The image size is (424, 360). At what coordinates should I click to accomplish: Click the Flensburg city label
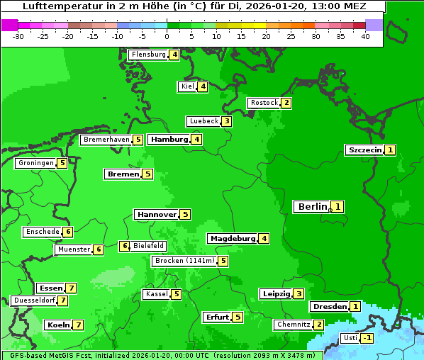(148, 55)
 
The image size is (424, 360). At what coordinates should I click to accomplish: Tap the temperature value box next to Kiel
(203, 86)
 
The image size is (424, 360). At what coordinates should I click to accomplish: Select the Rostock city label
(264, 103)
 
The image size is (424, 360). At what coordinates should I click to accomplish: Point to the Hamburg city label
(169, 139)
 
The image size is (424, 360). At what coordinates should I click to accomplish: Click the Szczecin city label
(364, 150)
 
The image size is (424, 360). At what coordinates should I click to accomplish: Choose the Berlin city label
(312, 206)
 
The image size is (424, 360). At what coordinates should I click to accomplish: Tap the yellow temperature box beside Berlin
(338, 207)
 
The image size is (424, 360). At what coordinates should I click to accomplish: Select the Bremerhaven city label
(106, 140)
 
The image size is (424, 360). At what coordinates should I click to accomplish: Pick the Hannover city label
(157, 214)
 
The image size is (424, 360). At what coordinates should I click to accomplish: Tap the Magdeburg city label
(232, 238)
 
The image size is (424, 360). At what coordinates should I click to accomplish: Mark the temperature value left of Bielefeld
(124, 246)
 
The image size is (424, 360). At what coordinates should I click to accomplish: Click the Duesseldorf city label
(34, 300)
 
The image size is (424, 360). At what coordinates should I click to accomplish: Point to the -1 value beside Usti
(367, 338)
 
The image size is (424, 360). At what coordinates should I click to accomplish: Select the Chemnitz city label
(294, 325)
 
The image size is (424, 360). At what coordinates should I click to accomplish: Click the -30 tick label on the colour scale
(18, 36)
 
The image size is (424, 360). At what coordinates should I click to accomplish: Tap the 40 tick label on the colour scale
(365, 36)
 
